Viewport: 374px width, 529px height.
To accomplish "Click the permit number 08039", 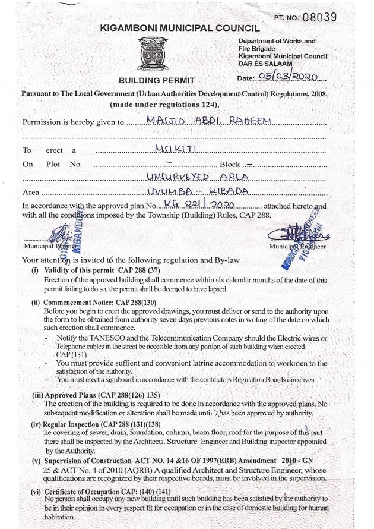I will [319, 17].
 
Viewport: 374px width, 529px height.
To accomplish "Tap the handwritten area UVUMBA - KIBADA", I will [197, 191].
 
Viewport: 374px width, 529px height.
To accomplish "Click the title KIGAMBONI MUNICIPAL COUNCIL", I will [179, 28].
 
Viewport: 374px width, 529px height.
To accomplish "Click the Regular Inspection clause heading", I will [94, 424].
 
